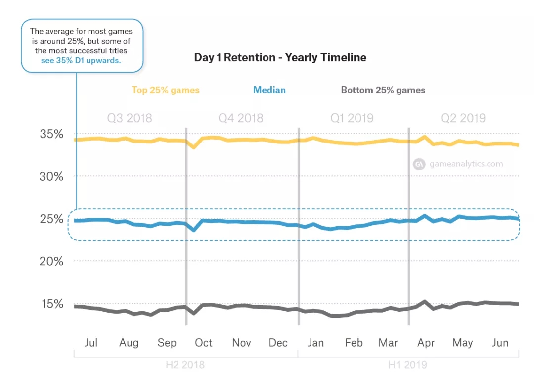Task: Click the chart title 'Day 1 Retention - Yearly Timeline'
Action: click(280, 58)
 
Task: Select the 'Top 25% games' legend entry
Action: click(165, 90)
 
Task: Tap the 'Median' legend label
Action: click(269, 90)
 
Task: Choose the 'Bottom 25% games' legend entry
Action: click(383, 90)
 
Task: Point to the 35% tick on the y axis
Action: click(51, 134)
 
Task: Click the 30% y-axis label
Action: click(51, 176)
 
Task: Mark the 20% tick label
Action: click(51, 261)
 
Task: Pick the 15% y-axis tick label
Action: click(51, 304)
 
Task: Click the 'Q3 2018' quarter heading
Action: click(130, 118)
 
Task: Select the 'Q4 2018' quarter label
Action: click(241, 118)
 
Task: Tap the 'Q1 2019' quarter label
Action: click(352, 118)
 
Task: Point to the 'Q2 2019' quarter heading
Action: click(463, 118)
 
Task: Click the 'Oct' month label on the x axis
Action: click(203, 343)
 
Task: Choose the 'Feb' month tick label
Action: click(354, 343)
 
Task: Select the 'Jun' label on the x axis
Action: click(500, 343)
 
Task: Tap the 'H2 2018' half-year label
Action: click(185, 365)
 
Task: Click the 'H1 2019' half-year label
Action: click(407, 365)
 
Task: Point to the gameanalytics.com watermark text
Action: click(466, 164)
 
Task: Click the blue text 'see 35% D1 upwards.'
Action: click(81, 60)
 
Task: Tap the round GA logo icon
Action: click(419, 164)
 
